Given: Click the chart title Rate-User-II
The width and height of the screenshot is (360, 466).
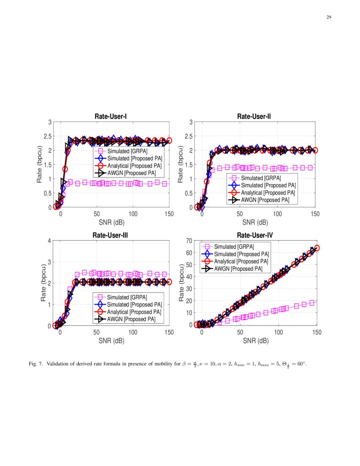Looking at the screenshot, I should pyautogui.click(x=254, y=116).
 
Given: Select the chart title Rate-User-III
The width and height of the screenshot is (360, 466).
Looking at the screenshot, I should pyautogui.click(x=110, y=235).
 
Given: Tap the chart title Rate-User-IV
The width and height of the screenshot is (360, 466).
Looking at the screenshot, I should pyautogui.click(x=254, y=235).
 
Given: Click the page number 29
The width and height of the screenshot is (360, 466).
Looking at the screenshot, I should pyautogui.click(x=328, y=17).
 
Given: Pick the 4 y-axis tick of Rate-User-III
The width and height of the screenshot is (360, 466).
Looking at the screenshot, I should pyautogui.click(x=50, y=241).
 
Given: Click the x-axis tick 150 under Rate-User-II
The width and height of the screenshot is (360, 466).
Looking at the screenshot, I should pyautogui.click(x=315, y=214).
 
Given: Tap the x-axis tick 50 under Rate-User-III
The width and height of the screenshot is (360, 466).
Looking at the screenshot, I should pyautogui.click(x=97, y=333).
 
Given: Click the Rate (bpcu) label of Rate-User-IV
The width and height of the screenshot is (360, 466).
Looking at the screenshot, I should pyautogui.click(x=182, y=283).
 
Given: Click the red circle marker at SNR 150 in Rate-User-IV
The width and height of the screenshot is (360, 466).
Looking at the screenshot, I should pyautogui.click(x=316, y=248).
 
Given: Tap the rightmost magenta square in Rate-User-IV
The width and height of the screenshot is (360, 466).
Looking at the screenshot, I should pyautogui.click(x=312, y=302).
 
